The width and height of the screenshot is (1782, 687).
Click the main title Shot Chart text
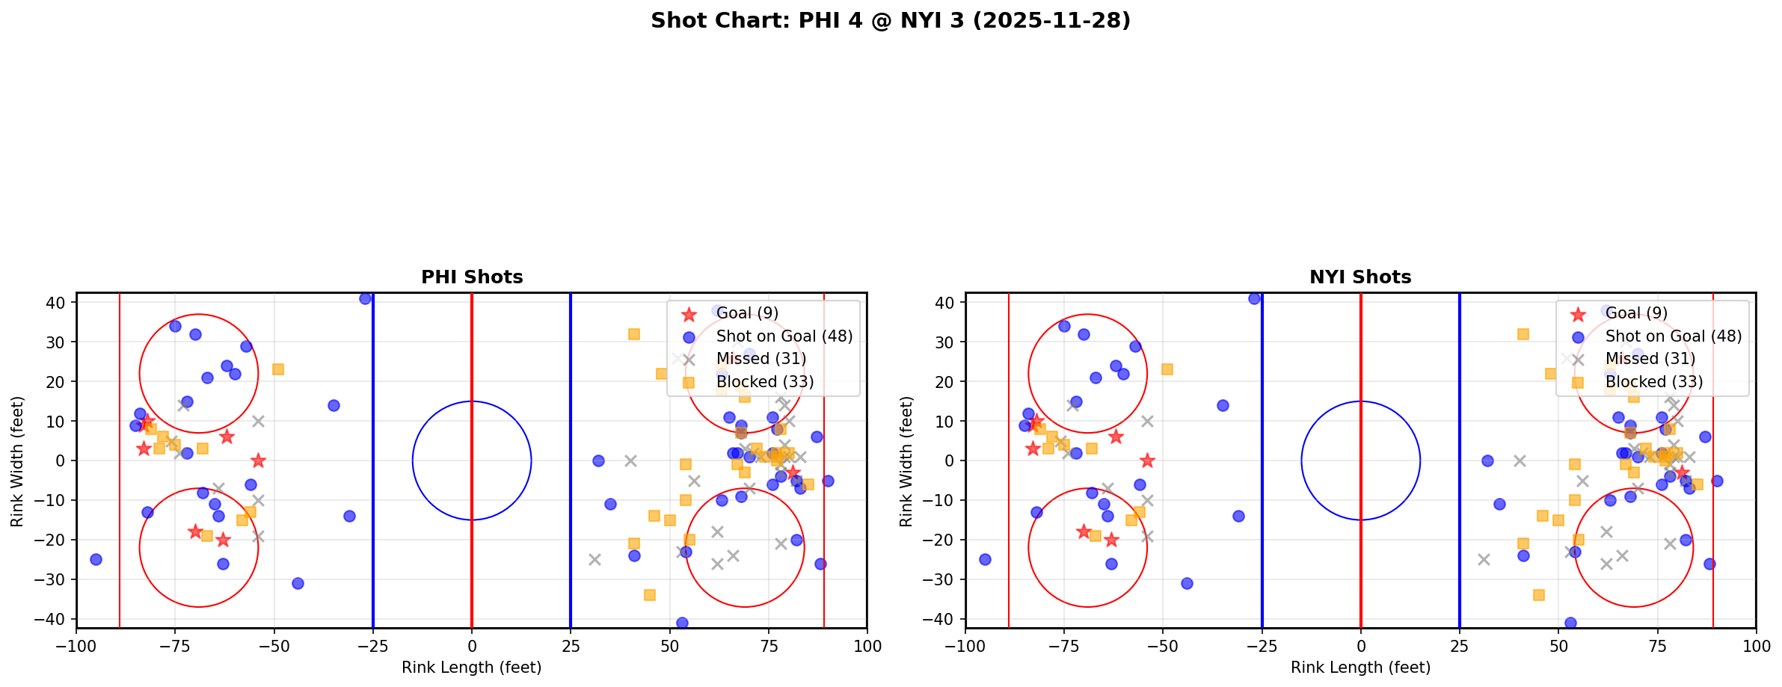point(890,21)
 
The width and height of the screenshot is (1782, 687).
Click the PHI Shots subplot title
point(472,277)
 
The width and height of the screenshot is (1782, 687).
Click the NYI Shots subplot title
point(1360,277)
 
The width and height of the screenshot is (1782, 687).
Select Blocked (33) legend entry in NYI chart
point(1653,382)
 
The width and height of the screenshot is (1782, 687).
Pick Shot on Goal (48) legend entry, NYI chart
point(1673,336)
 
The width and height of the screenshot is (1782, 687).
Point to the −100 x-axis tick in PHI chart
point(76,646)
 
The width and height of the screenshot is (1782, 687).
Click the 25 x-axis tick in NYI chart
point(1459,646)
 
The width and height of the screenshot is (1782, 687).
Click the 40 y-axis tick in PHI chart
point(60,303)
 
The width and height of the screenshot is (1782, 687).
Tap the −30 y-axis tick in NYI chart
point(943,579)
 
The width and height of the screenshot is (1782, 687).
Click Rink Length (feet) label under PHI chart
point(472,668)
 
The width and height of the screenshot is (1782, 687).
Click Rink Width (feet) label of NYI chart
point(906,460)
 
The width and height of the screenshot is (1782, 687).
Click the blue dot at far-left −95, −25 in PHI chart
point(96,559)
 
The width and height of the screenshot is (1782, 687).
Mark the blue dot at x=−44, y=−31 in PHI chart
point(298,583)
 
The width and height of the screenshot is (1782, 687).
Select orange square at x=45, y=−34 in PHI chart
point(650,595)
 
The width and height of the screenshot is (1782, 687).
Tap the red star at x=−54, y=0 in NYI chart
point(1147,460)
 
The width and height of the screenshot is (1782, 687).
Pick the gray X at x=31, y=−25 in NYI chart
point(1484,559)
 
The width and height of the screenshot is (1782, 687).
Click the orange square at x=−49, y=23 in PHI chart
point(278,369)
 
